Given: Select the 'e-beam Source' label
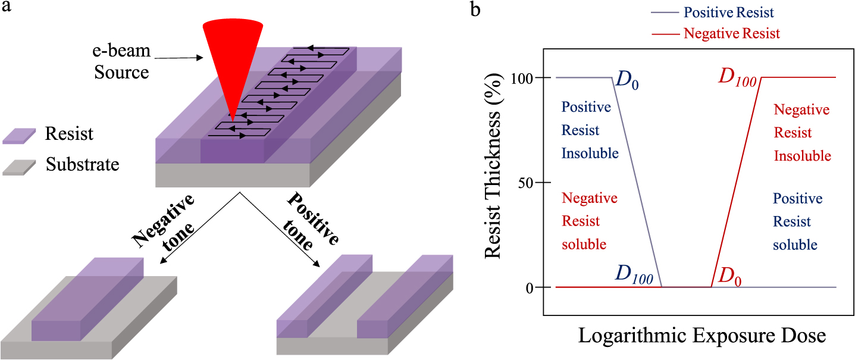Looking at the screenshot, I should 121,61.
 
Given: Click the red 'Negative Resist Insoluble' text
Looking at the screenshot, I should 801,133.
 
